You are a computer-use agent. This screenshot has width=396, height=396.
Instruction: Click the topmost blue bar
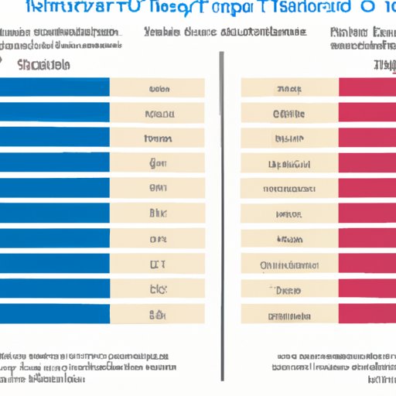coord(54,87)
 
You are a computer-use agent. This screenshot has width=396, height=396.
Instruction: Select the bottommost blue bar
coord(54,314)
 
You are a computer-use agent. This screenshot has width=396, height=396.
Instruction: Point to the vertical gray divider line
coord(222,193)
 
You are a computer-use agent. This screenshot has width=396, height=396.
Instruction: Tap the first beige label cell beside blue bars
coord(157,87)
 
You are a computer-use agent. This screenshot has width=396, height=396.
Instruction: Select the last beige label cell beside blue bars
coord(157,314)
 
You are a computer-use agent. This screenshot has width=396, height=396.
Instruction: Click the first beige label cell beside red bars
coord(288,87)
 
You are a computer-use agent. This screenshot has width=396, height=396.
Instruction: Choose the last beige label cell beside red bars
coord(288,314)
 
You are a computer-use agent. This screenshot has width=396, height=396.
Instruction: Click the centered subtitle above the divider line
coord(224,33)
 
